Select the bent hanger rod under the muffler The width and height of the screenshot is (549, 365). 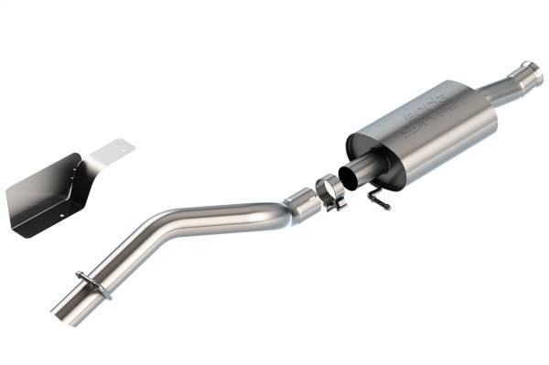(x=377, y=196)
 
